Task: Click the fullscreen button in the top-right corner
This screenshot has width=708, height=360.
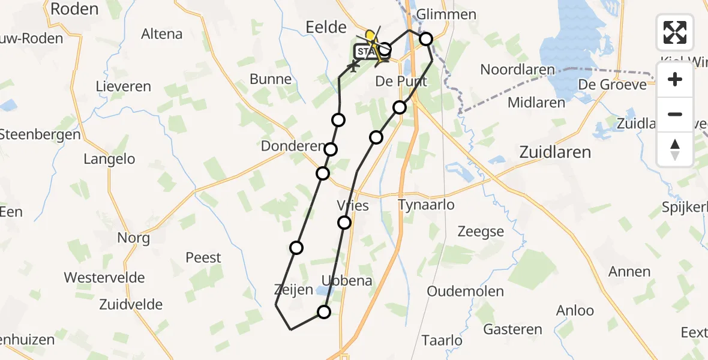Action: [675, 32]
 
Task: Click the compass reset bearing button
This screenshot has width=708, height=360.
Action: [675, 149]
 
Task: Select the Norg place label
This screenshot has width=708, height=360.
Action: [133, 238]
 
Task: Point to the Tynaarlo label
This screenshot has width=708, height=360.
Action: [426, 205]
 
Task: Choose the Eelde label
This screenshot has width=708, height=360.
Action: [326, 27]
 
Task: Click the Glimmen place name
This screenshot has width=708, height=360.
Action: [446, 14]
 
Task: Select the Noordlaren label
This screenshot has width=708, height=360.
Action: [518, 70]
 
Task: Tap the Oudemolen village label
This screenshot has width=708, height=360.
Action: [457, 292]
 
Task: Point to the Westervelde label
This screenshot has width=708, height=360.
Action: [104, 278]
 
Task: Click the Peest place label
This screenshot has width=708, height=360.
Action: [203, 257]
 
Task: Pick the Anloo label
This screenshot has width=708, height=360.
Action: [575, 310]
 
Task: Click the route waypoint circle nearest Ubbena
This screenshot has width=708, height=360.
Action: [324, 311]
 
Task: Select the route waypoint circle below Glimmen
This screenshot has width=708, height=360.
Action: [425, 40]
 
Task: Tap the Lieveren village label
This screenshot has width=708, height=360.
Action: [124, 86]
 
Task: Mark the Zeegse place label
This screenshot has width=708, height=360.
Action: [481, 232]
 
